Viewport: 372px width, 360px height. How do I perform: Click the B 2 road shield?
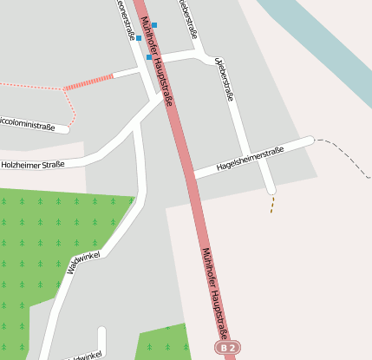point(227,348)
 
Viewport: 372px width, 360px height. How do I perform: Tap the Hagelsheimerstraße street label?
point(250,157)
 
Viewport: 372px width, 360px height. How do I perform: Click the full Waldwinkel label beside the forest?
point(84,261)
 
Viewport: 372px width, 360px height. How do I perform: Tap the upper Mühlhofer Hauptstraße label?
point(156,62)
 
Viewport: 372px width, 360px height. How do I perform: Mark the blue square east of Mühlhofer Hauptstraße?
point(155,25)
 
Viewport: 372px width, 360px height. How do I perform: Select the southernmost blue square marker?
point(149,57)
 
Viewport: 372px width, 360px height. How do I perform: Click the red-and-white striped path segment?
point(88,82)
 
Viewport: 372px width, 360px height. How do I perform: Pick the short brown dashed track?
point(272,204)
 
